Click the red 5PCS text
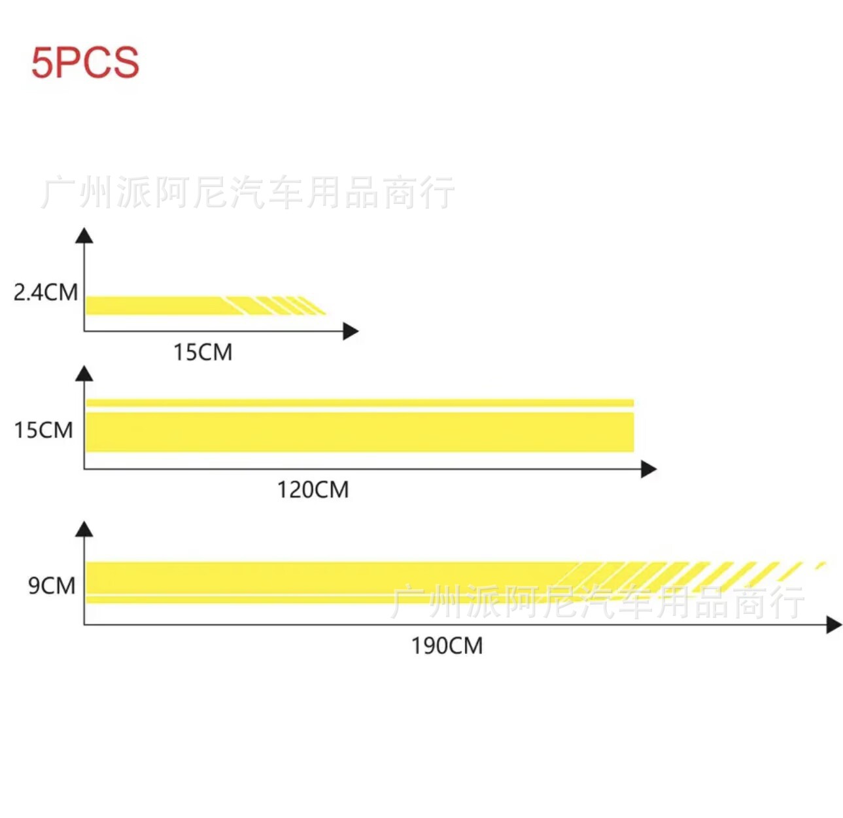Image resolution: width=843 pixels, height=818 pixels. tap(85, 63)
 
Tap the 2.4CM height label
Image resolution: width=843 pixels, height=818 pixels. tap(46, 292)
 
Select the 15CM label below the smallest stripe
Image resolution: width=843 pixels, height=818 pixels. tap(203, 352)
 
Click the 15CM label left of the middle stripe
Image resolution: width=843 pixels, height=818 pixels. tap(44, 430)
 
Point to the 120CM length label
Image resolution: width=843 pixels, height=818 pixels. tap(313, 490)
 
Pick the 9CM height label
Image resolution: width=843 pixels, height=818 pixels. tap(52, 586)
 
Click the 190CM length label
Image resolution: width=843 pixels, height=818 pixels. tap(447, 646)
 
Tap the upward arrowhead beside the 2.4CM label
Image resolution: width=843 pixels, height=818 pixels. tap(84, 235)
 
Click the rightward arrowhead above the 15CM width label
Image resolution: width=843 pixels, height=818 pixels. tap(351, 332)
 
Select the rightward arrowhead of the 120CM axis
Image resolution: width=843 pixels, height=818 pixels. tap(649, 469)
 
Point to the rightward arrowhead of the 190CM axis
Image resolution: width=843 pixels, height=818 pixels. tap(834, 625)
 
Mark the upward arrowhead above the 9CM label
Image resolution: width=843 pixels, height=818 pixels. tap(84, 528)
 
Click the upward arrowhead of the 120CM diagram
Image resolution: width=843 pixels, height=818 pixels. tap(84, 373)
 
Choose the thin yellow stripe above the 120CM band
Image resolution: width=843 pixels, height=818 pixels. tap(360, 403)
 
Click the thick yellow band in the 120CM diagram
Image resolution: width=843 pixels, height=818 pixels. tap(360, 432)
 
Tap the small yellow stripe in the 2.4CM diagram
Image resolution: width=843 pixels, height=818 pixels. tap(157, 305)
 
